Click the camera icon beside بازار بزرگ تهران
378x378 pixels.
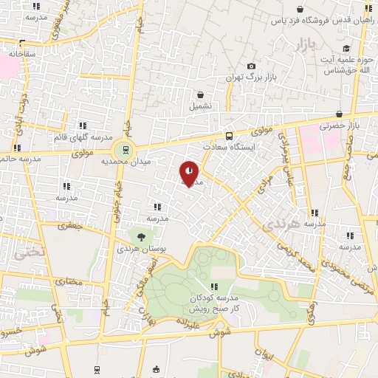(251, 66)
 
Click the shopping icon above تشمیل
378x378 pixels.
(200, 94)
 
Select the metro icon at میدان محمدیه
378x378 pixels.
(125, 150)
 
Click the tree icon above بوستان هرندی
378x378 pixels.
(140, 237)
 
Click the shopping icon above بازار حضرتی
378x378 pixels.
(338, 114)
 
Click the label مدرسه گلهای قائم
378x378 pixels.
(82, 138)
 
